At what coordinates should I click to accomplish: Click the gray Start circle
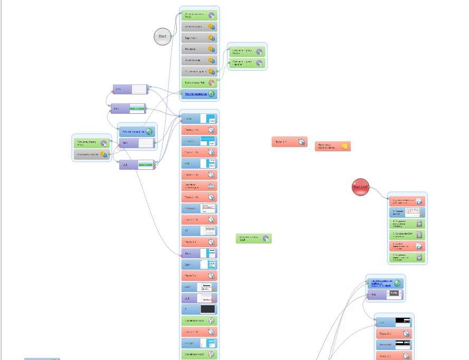coord(162,36)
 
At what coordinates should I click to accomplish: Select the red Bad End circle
coord(360,187)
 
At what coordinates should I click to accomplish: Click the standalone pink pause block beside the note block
coord(289,142)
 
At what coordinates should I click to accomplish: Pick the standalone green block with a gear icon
coord(253,239)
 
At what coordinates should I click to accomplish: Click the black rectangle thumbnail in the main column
coord(207,309)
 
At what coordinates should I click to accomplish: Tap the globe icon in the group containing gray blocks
coord(212,94)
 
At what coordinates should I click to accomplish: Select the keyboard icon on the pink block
coord(211,186)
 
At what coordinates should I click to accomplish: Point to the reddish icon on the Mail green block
coord(211,83)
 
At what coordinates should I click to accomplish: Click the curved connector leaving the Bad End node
coord(380,192)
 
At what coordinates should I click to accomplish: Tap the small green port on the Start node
coord(171,36)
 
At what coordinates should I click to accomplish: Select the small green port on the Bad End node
coord(370,187)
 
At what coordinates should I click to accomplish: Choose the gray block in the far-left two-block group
coord(91,154)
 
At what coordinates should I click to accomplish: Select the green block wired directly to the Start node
coord(199,16)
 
